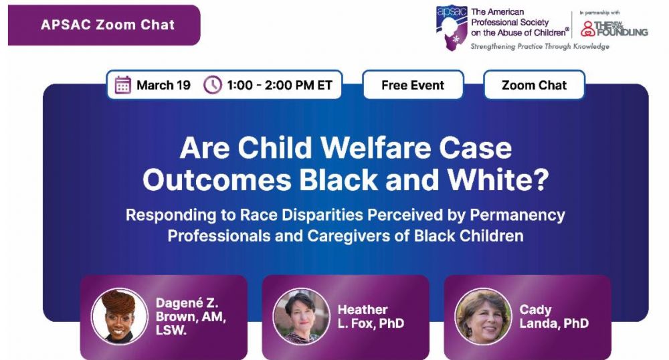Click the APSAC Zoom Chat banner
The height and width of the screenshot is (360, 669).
point(104,25)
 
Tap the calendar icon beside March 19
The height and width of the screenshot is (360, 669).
point(123,85)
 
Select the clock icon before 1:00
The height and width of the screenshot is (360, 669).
point(213,85)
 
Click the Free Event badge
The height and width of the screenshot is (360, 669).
point(413,85)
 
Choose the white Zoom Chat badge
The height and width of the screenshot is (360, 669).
point(534,85)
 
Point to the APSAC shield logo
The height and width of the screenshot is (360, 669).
point(452,27)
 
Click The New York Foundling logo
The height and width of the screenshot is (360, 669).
point(614,29)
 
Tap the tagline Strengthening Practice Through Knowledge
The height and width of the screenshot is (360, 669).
point(540,46)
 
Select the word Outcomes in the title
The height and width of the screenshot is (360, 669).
point(217,179)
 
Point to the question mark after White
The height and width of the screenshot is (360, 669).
point(541,179)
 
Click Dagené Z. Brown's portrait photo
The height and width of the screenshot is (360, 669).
point(120,316)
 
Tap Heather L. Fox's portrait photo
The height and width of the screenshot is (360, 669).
point(301,316)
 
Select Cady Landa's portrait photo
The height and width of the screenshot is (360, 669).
point(483,316)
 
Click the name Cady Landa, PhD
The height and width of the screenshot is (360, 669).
point(554,317)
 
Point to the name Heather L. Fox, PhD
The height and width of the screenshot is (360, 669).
point(371,317)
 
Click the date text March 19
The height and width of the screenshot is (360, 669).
point(163,85)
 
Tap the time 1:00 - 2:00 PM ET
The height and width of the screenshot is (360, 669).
point(280,85)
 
